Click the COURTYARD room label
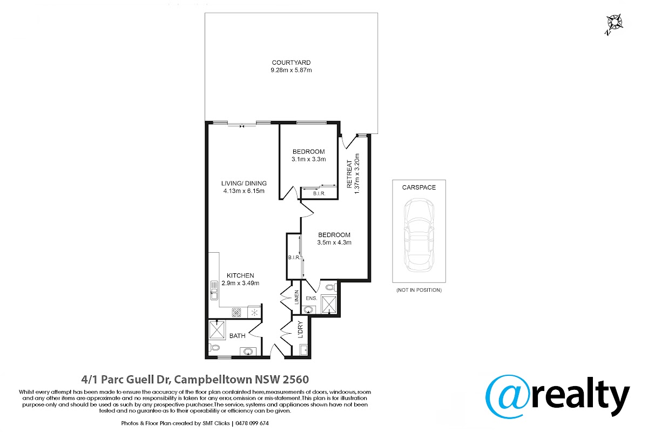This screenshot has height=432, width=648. point(291,63)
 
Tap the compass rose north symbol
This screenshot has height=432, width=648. point(615,24)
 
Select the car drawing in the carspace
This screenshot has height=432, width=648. point(419,235)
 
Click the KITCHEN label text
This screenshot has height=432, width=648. point(240,275)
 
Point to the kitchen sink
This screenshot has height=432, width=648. point(214,290)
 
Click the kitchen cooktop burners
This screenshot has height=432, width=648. point(237,313)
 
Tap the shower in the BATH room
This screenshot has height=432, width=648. point(217,330)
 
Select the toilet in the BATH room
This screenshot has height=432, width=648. point(214,348)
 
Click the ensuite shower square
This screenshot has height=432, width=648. point(329,304)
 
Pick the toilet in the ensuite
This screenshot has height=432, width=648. point(331,288)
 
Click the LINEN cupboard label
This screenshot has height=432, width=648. point(296,297)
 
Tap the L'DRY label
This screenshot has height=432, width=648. point(300,329)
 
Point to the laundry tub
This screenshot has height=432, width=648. point(303,349)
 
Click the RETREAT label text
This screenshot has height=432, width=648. point(349,174)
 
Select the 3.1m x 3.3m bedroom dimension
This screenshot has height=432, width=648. point(309,159)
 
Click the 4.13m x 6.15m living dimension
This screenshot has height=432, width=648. point(244,191)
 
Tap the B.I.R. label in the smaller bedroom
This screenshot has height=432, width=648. point(319,193)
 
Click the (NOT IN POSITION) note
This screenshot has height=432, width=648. point(419,290)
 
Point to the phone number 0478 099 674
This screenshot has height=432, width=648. point(252,423)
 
